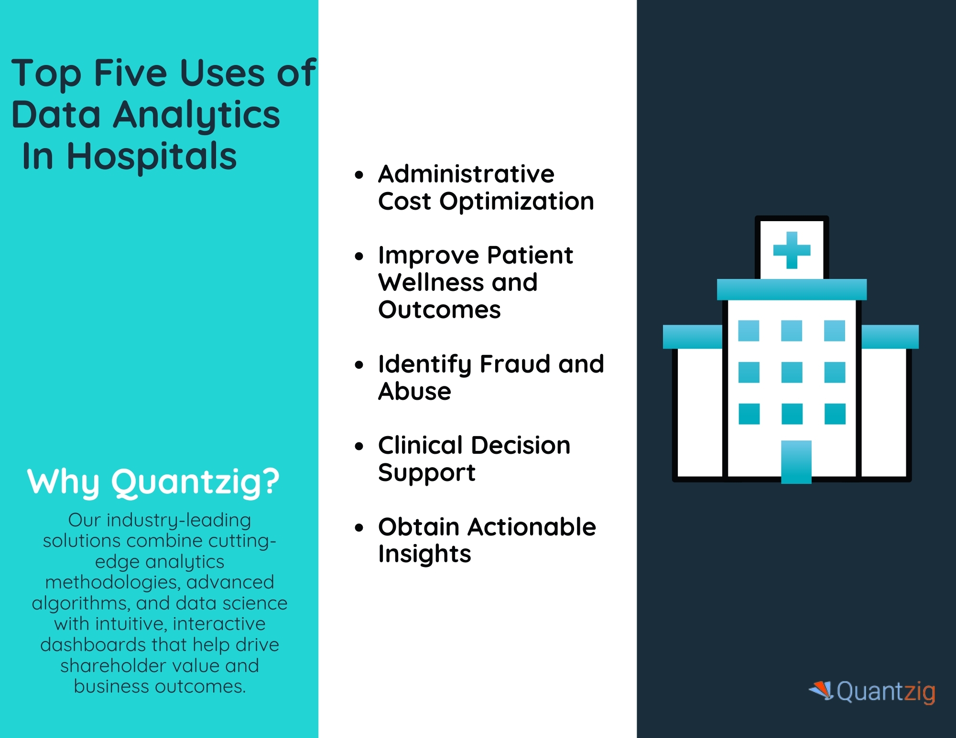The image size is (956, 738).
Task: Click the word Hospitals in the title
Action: coord(152,156)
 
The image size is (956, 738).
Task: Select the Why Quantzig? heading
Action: coord(153,482)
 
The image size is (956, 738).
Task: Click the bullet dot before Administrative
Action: coord(359,175)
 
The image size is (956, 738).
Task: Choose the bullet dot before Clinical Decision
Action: coord(359,447)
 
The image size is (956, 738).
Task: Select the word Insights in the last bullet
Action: coord(424,555)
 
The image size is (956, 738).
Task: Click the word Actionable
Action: coord(532,527)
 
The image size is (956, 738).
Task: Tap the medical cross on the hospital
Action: coord(792,250)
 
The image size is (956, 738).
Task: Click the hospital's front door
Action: coord(796,462)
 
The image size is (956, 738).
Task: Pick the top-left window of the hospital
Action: coord(749,331)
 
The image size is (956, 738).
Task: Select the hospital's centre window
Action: coord(792,372)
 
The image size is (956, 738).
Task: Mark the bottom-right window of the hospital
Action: coord(835,414)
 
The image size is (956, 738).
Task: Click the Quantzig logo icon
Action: coord(822,691)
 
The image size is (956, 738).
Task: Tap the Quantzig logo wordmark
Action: coord(886,692)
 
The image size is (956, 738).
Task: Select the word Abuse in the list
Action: coord(414,392)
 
